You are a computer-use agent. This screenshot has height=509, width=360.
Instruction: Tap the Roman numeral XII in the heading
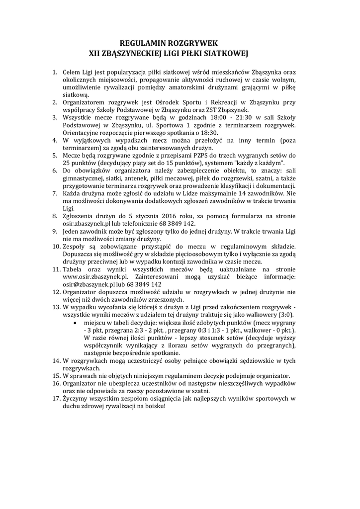(95, 52)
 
